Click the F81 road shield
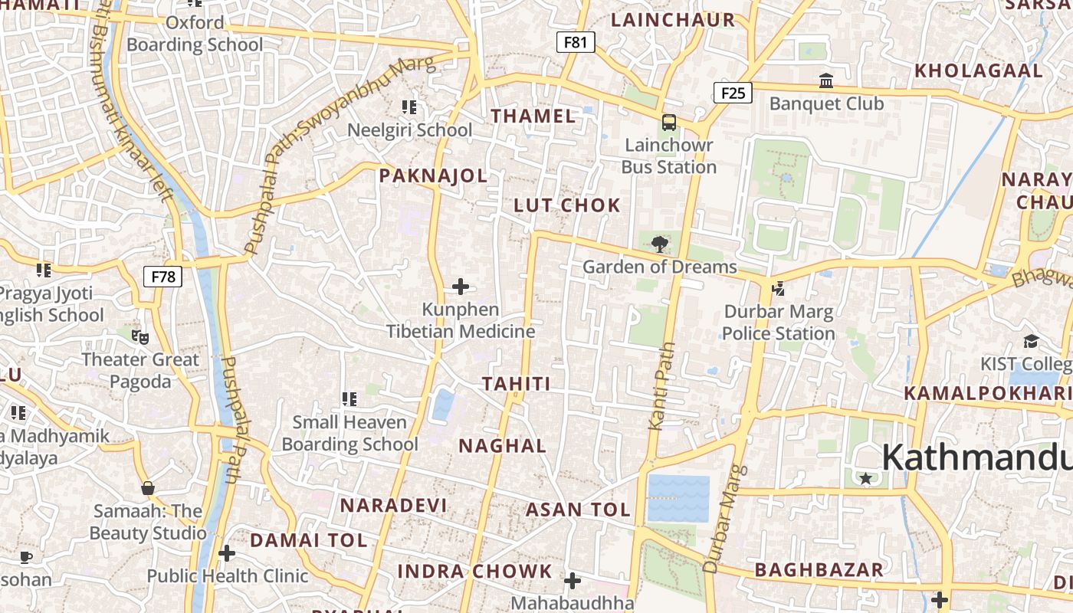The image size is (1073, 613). click(x=575, y=42)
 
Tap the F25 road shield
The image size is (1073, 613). click(x=733, y=93)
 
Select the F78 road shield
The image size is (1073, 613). click(x=163, y=277)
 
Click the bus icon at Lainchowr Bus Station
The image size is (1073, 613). click(x=669, y=123)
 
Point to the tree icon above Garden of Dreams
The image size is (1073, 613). click(x=659, y=244)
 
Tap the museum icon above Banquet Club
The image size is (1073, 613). click(x=826, y=80)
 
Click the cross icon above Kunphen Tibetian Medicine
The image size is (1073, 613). click(x=461, y=287)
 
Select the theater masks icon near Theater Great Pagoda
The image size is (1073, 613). click(x=139, y=336)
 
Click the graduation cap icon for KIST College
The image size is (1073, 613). click(x=1031, y=341)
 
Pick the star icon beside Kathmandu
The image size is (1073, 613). click(x=866, y=479)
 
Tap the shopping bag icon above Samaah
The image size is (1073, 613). click(x=148, y=488)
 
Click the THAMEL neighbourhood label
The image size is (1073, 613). click(x=533, y=116)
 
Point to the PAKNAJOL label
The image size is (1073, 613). click(x=434, y=176)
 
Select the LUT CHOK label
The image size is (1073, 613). click(x=567, y=205)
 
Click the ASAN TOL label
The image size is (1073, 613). click(x=578, y=510)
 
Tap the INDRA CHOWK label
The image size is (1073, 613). click(x=474, y=572)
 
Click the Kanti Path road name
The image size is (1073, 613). click(x=662, y=387)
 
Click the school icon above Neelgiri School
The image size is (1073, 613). click(x=409, y=107)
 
